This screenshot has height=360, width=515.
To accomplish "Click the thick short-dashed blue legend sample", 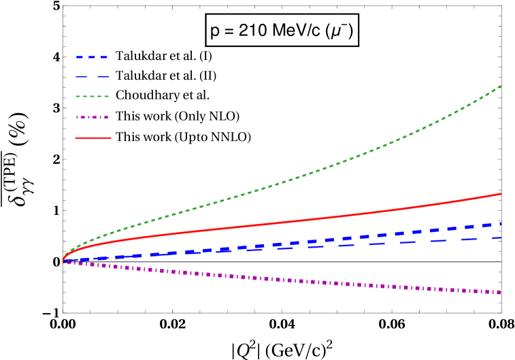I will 92,57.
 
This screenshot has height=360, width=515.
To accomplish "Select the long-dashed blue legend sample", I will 93,77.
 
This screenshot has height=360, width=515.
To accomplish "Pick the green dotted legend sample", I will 93,97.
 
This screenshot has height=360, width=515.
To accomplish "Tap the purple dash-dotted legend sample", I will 93,117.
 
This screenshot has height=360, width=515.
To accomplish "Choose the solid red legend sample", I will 93,138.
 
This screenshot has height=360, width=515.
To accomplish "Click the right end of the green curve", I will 501,85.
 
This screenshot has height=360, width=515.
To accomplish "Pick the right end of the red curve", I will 501,194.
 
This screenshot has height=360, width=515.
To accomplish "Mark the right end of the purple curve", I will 501,293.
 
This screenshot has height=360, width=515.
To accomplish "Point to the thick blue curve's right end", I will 501,223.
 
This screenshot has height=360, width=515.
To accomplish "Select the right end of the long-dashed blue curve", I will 501,238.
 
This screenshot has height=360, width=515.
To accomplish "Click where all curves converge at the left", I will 64,261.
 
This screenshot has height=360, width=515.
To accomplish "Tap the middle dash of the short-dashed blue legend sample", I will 92,57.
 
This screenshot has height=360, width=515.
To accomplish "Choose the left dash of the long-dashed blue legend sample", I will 80,77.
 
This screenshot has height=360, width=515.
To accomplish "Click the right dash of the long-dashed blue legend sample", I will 103,77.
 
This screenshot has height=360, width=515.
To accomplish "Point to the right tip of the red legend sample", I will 110,138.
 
